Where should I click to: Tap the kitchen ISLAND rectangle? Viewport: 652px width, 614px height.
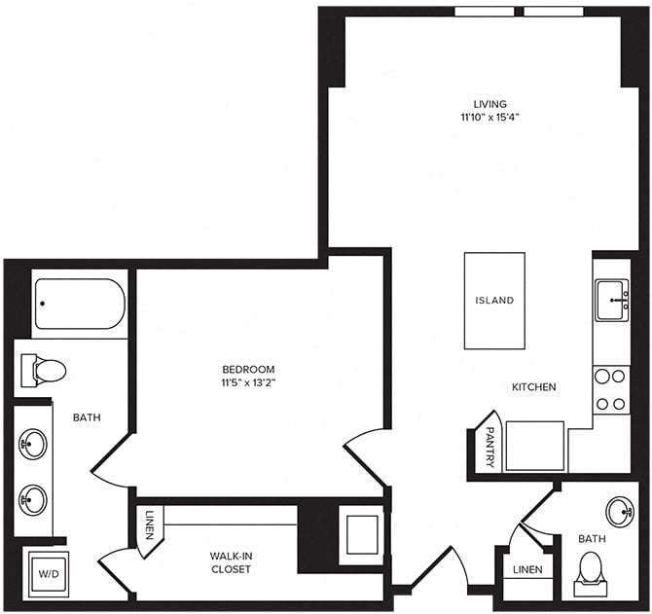click(x=494, y=301)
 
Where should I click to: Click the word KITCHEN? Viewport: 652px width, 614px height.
click(x=534, y=387)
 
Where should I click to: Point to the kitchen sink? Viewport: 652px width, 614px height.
click(x=611, y=298)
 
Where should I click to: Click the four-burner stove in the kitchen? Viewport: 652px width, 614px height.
click(x=611, y=389)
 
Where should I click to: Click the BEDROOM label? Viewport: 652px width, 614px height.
click(x=248, y=370)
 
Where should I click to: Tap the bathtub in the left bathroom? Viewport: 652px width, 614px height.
click(x=80, y=305)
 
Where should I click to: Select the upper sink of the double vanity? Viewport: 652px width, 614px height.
click(x=33, y=445)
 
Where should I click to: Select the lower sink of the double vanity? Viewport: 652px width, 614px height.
click(x=33, y=501)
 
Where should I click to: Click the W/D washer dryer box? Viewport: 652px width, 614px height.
click(x=48, y=573)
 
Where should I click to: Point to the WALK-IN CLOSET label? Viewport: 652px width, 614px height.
click(x=231, y=562)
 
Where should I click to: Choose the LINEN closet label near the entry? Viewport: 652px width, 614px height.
click(x=526, y=569)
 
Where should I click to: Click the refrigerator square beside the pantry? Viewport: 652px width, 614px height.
click(x=534, y=446)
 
